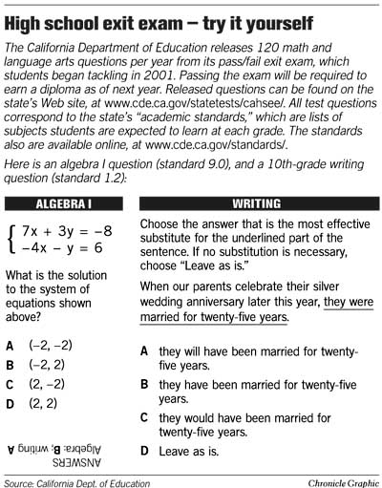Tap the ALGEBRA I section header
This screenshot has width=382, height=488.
point(63,204)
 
